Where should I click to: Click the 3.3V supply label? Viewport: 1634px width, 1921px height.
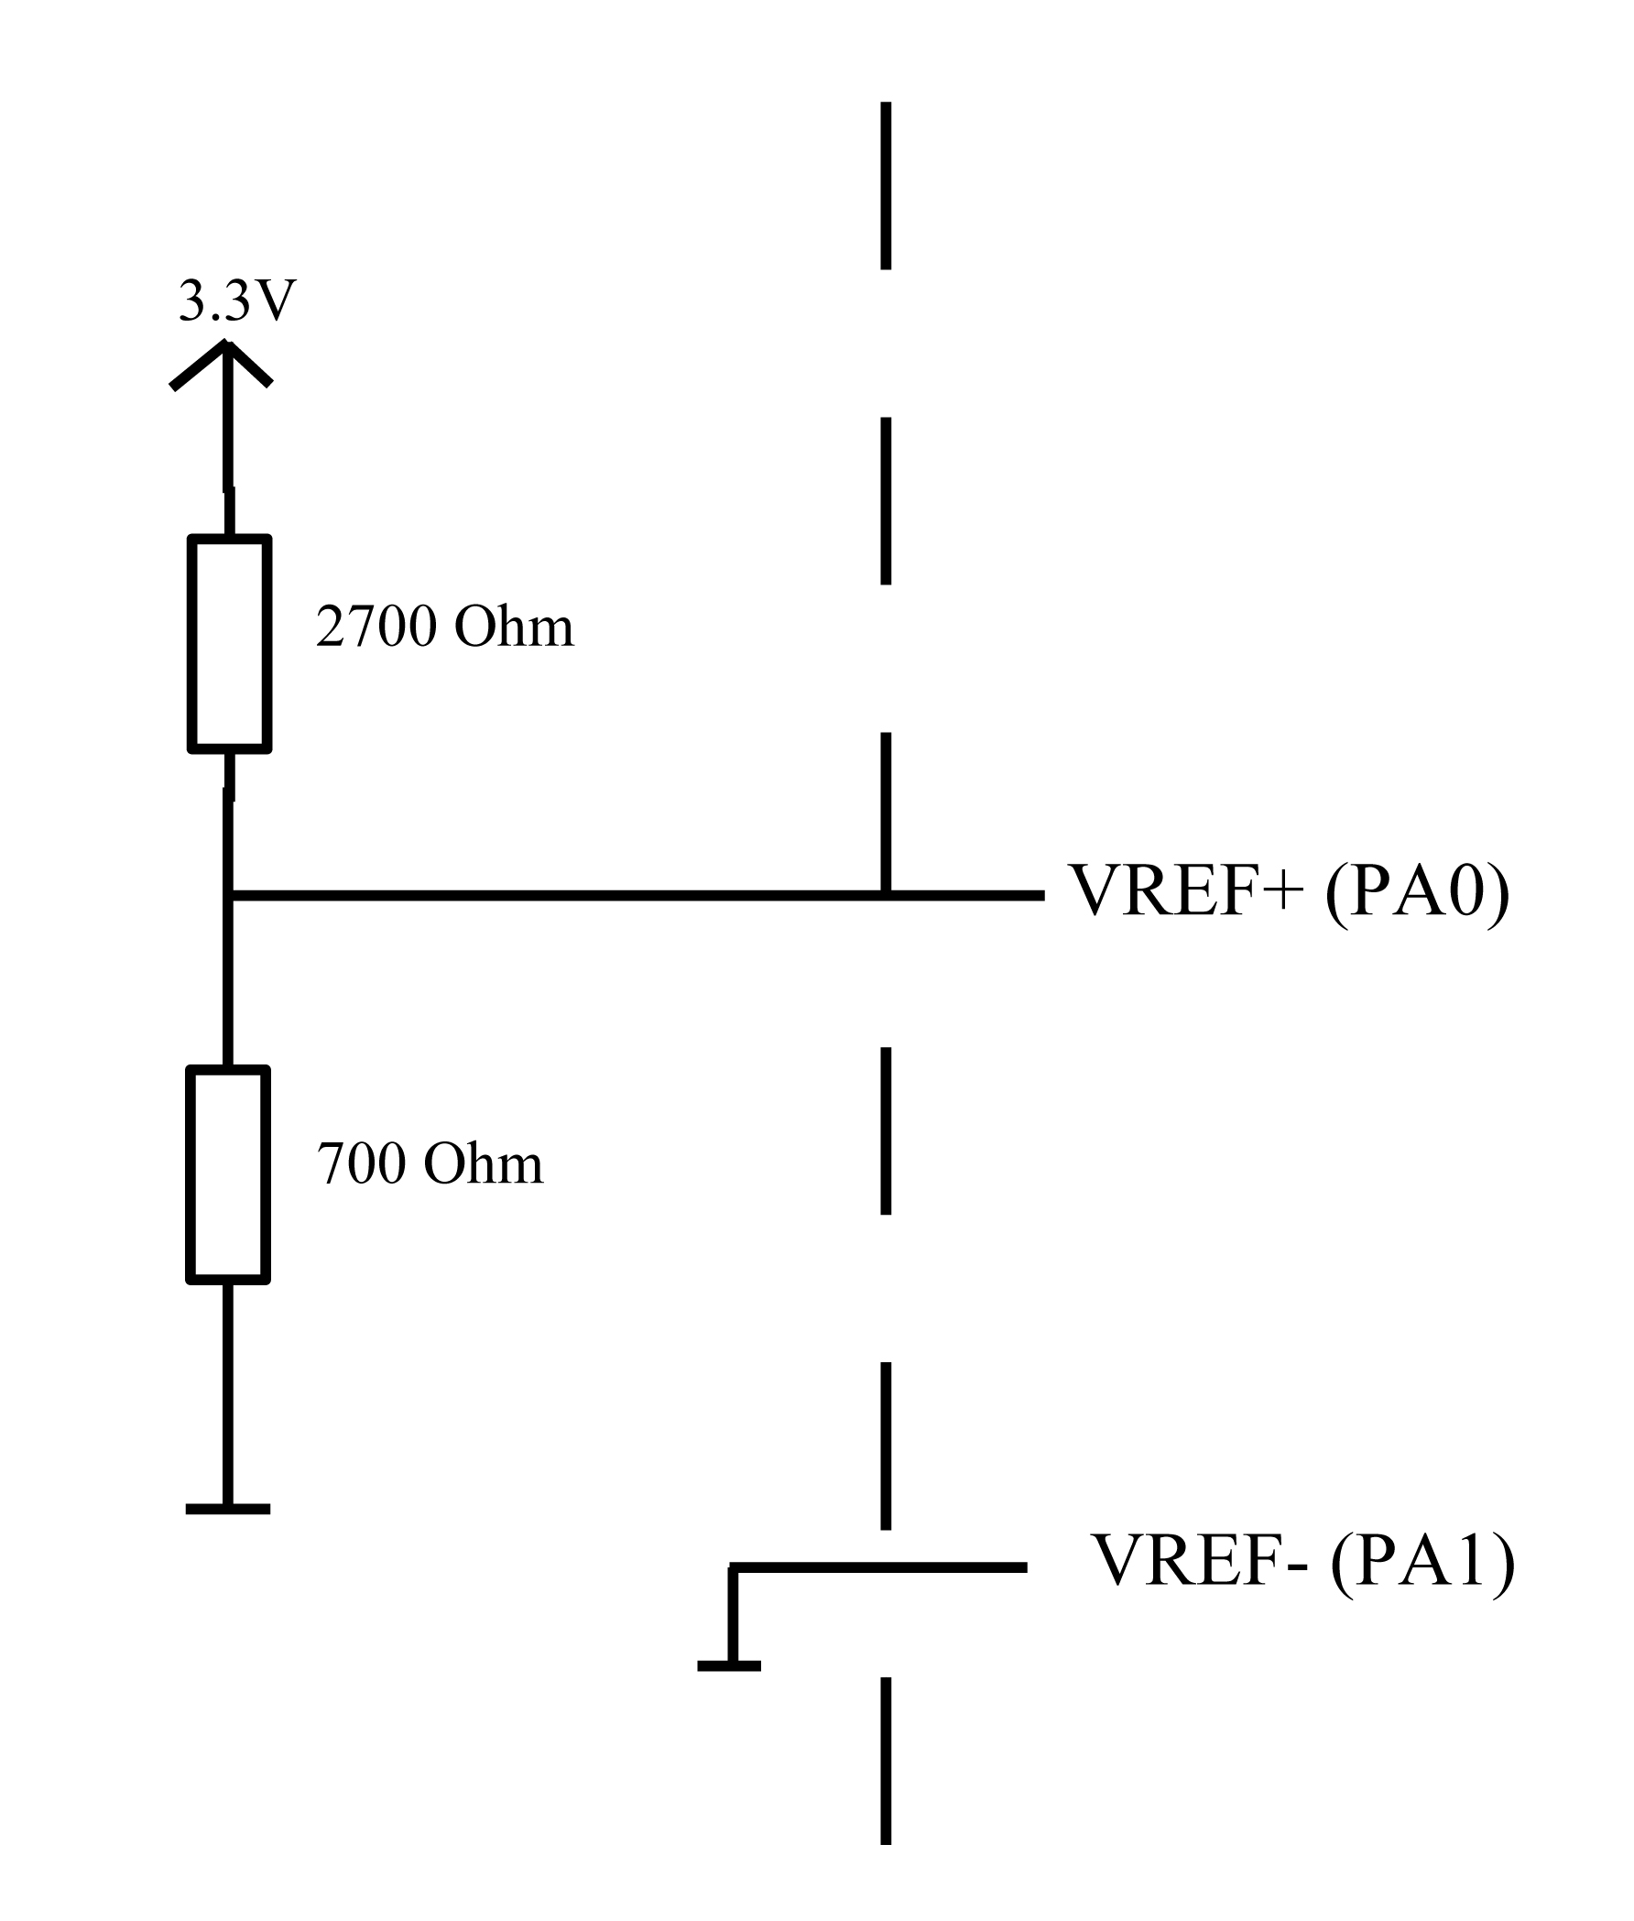[237, 301]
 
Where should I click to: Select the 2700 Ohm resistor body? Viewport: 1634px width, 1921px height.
[230, 644]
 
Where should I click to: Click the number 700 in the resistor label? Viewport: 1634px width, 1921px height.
[361, 1163]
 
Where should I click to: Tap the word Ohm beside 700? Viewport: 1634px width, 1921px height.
[483, 1163]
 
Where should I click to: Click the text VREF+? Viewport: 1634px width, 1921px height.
[1186, 890]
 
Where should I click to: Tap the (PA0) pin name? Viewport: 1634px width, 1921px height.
[1417, 890]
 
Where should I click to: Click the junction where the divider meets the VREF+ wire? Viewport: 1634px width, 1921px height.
[229, 896]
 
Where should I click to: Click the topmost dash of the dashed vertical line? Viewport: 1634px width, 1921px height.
[886, 185]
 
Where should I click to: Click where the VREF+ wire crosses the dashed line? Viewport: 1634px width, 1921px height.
[886, 896]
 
